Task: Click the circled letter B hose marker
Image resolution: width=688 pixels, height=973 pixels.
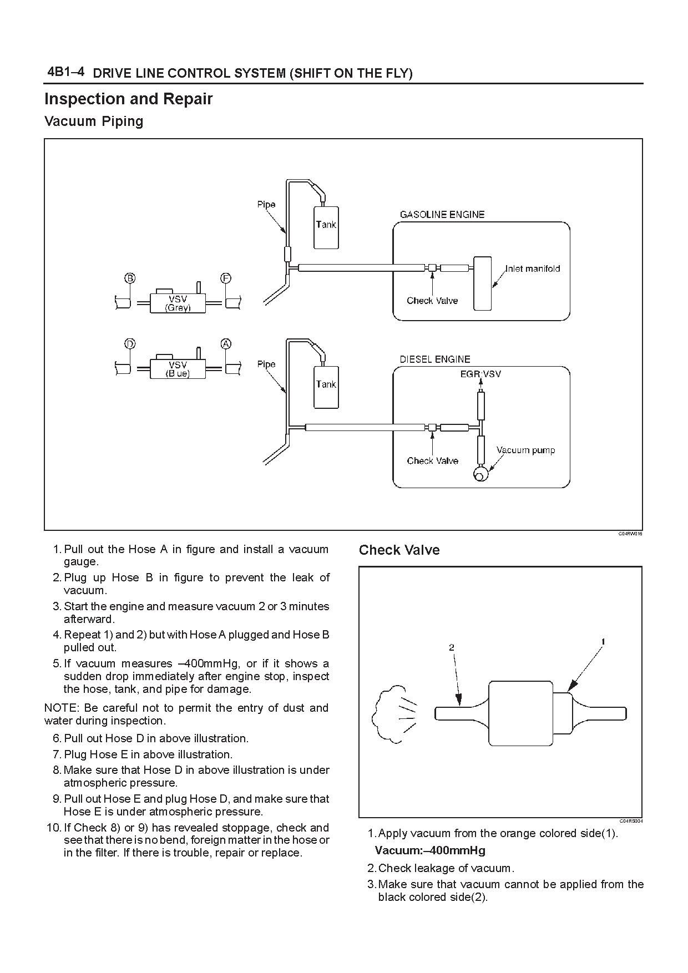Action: point(130,278)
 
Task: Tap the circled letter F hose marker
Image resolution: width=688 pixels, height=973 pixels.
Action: point(226,278)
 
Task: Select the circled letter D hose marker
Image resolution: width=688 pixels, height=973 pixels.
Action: point(130,344)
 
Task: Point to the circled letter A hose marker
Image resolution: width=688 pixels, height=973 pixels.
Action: point(226,344)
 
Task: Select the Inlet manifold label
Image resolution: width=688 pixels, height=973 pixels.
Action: point(533,268)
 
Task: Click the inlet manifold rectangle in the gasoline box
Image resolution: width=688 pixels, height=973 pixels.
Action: point(483,283)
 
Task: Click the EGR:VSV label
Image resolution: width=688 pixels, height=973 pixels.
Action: point(480,374)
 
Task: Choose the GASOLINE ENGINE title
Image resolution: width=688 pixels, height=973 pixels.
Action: point(442,215)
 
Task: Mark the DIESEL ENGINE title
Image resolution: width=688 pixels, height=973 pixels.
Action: point(435,359)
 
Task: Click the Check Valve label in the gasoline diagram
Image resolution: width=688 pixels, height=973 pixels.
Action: point(432,301)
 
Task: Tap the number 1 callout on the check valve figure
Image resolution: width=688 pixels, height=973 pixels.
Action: point(603,642)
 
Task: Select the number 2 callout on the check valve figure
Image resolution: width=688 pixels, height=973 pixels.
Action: point(452,647)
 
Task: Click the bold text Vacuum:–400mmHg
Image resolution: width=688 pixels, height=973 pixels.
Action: point(430,850)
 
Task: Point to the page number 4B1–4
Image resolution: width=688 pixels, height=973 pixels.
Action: point(66,72)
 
